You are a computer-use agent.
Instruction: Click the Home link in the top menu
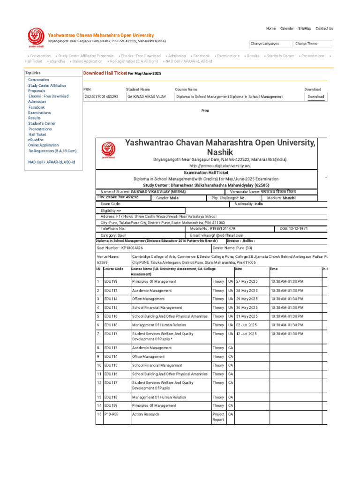coord(271,29)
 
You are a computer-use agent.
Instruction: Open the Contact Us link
coord(324,29)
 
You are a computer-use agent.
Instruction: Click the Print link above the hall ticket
coord(205,111)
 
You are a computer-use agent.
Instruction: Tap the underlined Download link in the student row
coord(315,97)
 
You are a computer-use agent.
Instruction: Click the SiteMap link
coord(305,29)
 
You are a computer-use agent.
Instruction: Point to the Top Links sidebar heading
coord(33,73)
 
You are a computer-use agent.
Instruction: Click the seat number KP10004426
coord(120,247)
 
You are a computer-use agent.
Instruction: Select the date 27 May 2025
coord(247,282)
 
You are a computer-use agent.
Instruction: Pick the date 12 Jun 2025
coord(247,334)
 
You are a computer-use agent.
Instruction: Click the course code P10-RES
coord(112,414)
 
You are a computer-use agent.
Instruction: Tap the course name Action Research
coord(146,414)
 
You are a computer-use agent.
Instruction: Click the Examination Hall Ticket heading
coord(206,173)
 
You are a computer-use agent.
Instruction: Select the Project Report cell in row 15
coord(218,417)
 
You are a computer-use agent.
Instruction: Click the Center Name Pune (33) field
coord(232,247)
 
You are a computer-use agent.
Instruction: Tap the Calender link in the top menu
coord(287,29)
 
